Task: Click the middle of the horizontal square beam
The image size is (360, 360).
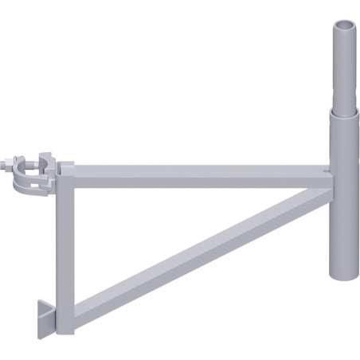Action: (x=199, y=172)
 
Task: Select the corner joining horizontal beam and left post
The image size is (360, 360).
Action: (x=66, y=172)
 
